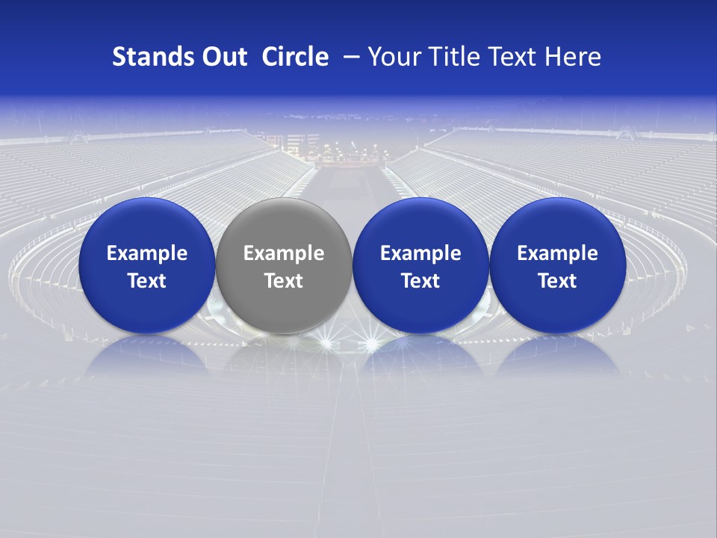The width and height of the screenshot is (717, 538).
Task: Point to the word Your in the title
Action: [391, 57]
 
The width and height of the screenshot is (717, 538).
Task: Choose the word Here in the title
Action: [574, 57]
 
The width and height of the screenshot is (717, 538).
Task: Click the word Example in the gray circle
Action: [284, 253]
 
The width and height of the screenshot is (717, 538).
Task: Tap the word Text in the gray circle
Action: [284, 281]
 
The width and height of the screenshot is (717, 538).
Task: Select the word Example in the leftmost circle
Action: [147, 253]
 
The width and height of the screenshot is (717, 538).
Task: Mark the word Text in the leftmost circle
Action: [147, 281]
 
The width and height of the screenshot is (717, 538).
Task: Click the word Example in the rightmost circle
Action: [557, 253]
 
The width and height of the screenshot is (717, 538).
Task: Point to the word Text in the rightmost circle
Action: [557, 281]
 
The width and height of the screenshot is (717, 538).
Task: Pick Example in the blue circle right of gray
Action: [420, 253]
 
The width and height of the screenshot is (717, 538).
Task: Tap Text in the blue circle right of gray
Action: [420, 281]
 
